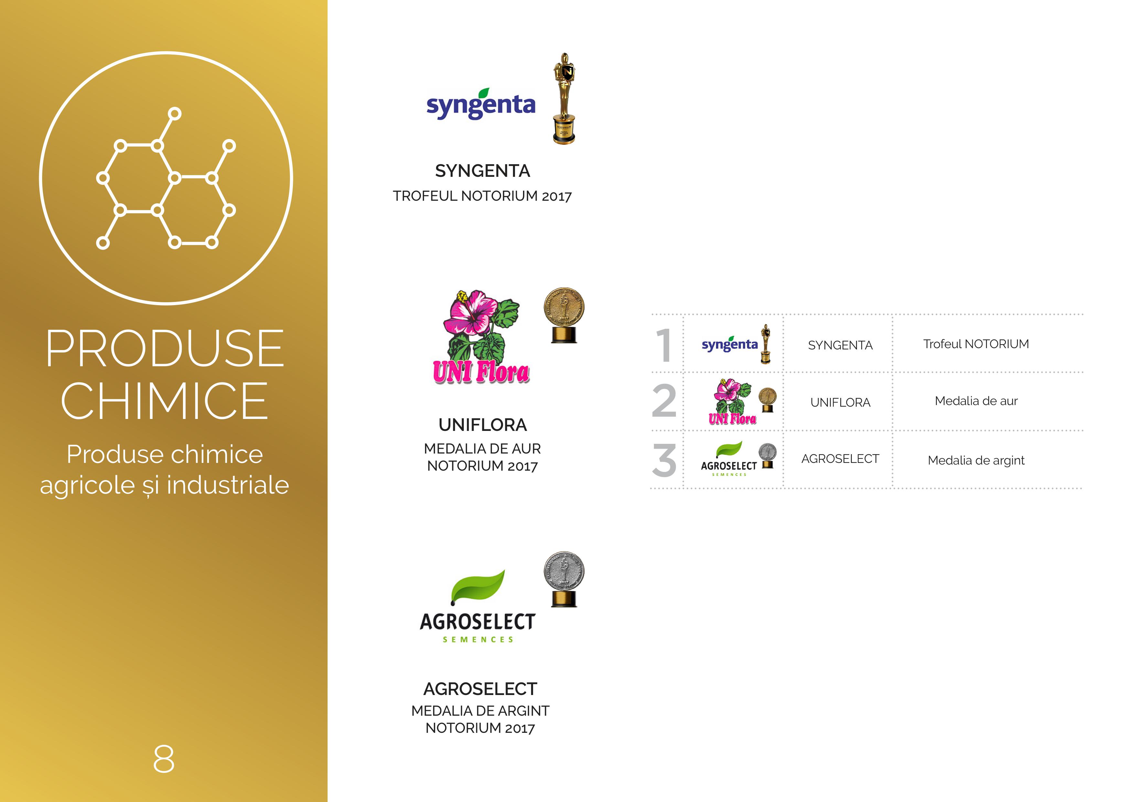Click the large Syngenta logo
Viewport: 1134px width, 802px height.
[481, 104]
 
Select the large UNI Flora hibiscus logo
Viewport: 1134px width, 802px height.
[481, 337]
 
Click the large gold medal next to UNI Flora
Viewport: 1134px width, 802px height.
[564, 315]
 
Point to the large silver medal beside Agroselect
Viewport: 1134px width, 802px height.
[564, 579]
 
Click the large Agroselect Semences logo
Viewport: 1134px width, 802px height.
[477, 606]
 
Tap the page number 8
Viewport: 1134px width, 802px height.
[164, 759]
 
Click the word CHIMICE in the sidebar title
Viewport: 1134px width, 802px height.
[165, 401]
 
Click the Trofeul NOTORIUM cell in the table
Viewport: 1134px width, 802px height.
[976, 344]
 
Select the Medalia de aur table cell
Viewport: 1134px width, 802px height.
[976, 401]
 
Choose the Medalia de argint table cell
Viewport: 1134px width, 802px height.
[976, 460]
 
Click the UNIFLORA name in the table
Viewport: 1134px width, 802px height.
[840, 402]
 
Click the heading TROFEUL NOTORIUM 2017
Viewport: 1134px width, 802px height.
[482, 196]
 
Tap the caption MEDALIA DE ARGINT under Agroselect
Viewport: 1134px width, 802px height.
[480, 711]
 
